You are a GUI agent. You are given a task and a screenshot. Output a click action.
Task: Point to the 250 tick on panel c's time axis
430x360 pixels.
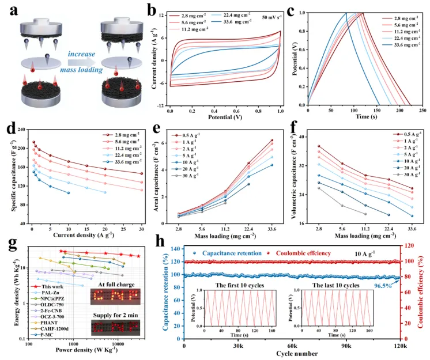pyautogui.click(x=421, y=109)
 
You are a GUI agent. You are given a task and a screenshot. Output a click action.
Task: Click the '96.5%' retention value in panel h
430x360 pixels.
pyautogui.click(x=386, y=284)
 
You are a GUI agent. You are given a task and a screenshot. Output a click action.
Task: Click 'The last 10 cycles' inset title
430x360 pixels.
pyautogui.click(x=336, y=286)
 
